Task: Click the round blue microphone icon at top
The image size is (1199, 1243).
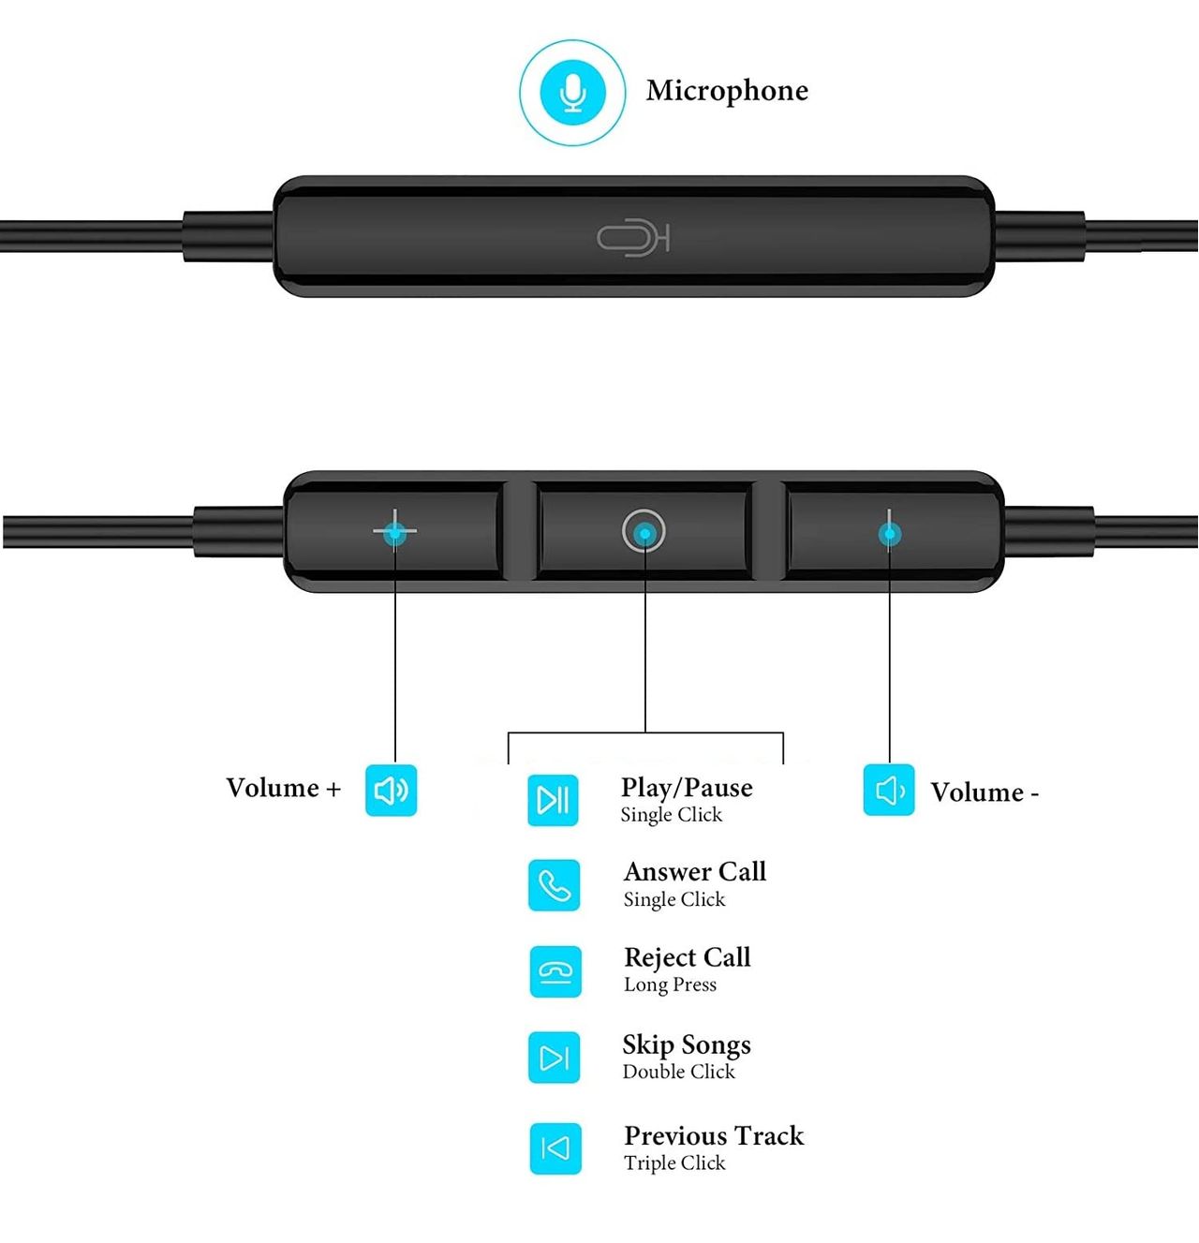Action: (572, 93)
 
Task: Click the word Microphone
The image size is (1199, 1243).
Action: (727, 91)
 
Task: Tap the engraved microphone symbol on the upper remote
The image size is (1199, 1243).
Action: (633, 238)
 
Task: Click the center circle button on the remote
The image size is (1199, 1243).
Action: (644, 532)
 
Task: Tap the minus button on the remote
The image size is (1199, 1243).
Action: (889, 534)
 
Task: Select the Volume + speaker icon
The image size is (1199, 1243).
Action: (391, 791)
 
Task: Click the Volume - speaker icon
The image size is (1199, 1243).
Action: (888, 791)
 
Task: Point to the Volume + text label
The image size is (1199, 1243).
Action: (283, 788)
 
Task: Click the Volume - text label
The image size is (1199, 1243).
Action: (984, 792)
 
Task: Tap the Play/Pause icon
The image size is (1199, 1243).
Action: (553, 800)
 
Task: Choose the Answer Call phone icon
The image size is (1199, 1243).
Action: (554, 885)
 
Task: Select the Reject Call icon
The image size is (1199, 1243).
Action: (555, 971)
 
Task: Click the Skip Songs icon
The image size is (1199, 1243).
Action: (554, 1058)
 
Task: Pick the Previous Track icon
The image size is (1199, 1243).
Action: (555, 1148)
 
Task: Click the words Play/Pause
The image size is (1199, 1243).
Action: (687, 788)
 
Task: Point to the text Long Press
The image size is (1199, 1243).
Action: (670, 984)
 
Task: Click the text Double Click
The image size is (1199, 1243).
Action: (678, 1072)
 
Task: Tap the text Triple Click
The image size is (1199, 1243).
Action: (674, 1162)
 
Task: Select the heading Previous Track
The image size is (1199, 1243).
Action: (714, 1135)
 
